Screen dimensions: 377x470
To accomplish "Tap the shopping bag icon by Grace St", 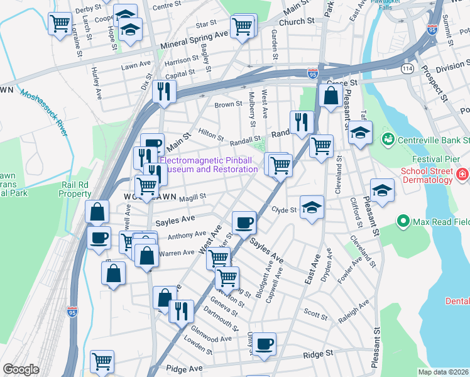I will [330, 96].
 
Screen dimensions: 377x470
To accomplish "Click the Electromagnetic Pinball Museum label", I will [209, 165].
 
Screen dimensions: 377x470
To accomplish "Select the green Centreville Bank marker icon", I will [388, 138].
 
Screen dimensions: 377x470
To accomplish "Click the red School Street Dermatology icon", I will [462, 174].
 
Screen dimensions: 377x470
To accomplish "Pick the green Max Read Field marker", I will [402, 221].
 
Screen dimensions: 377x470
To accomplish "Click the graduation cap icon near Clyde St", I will [311, 207].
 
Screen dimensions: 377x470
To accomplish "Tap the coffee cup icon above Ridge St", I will [265, 343].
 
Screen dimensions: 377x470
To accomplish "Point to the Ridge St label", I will [319, 354].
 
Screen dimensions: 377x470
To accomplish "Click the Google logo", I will [21, 369].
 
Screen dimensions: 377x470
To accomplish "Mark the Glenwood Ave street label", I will [213, 339].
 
